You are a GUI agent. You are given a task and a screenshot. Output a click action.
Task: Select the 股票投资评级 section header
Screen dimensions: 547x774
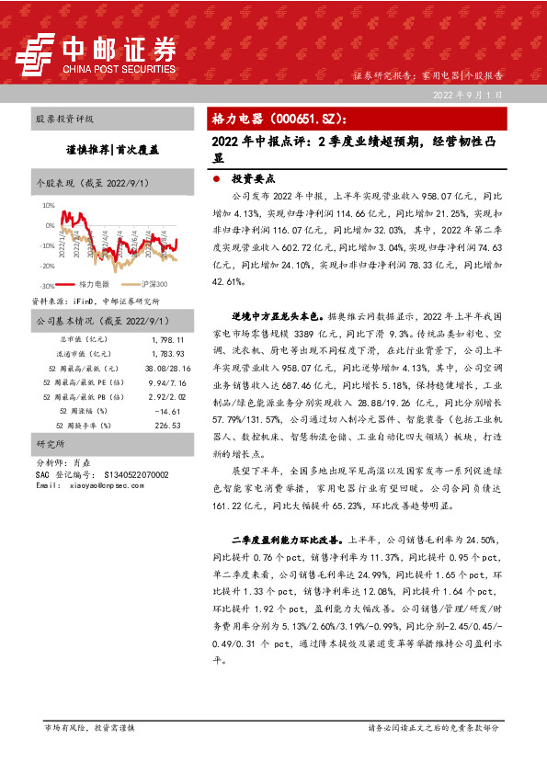tap(64, 120)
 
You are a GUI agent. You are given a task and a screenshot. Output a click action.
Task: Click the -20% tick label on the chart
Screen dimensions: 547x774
tap(47, 266)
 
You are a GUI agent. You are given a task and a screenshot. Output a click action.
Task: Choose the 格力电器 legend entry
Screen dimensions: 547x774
tap(94, 284)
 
